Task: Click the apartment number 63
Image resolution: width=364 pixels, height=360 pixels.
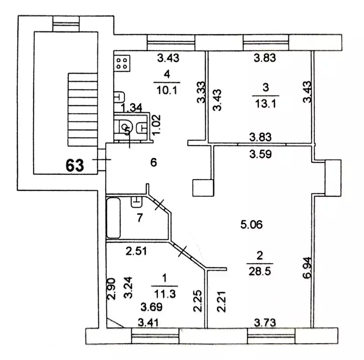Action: click(74, 165)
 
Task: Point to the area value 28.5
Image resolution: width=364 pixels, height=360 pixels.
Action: click(259, 271)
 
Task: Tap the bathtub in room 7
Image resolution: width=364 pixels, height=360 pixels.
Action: click(114, 218)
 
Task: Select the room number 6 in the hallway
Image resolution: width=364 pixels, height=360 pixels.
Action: click(153, 163)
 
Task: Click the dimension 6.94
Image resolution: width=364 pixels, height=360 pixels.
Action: click(306, 268)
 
